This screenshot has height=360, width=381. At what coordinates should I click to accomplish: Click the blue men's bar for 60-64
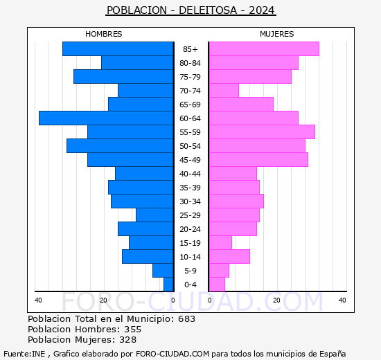[x=106, y=118]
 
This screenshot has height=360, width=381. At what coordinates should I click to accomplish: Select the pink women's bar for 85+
[x=264, y=49]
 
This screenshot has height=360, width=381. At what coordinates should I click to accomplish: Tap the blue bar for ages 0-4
[x=168, y=285]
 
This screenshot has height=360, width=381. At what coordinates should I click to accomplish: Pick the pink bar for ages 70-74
[x=224, y=91]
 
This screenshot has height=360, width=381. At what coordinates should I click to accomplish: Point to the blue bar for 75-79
[x=123, y=77]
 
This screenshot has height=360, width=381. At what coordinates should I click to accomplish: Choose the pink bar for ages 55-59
[x=262, y=132]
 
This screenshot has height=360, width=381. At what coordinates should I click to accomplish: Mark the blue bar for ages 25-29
[x=154, y=215]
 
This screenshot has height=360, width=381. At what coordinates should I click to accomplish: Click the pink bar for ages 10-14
[x=229, y=257]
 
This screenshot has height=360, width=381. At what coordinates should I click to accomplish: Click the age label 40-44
[x=190, y=174]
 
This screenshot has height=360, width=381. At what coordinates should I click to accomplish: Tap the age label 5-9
[x=190, y=271]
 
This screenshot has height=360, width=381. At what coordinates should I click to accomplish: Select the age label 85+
[x=190, y=49]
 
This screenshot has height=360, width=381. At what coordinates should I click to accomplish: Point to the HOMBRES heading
[x=103, y=34]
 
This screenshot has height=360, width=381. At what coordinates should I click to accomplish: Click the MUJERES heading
[x=277, y=34]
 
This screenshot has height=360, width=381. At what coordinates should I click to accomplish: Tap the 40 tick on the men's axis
[x=38, y=300]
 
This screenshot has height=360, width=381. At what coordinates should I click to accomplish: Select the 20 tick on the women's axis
[x=276, y=300]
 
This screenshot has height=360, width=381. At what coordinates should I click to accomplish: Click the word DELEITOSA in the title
[x=208, y=10]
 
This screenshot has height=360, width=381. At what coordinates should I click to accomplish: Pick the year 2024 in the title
[x=262, y=10]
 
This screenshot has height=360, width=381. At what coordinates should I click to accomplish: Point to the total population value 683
[x=186, y=318]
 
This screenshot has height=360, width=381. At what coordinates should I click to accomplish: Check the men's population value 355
[x=133, y=329]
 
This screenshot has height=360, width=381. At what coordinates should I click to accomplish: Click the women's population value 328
[x=128, y=340]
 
